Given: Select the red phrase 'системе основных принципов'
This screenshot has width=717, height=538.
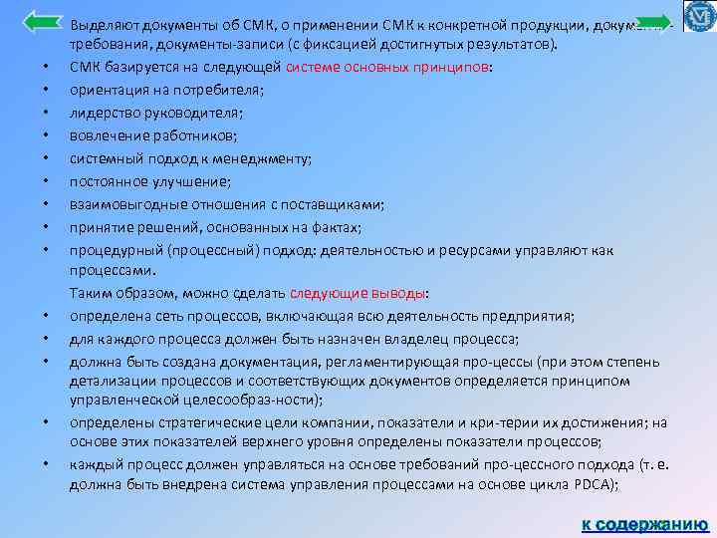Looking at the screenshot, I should click(387, 67).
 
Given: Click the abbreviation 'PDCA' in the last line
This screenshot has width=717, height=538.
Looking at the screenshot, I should click(597, 484).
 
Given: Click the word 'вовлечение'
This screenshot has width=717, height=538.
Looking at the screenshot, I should click(106, 134).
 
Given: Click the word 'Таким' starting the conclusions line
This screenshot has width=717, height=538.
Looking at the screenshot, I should click(90, 294).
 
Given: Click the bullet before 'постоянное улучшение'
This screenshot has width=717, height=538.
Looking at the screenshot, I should click(47, 181).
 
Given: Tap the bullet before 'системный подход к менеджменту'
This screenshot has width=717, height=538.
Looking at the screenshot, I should click(47, 158).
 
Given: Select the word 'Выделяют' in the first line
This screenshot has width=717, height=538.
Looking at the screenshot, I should click(105, 23).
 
